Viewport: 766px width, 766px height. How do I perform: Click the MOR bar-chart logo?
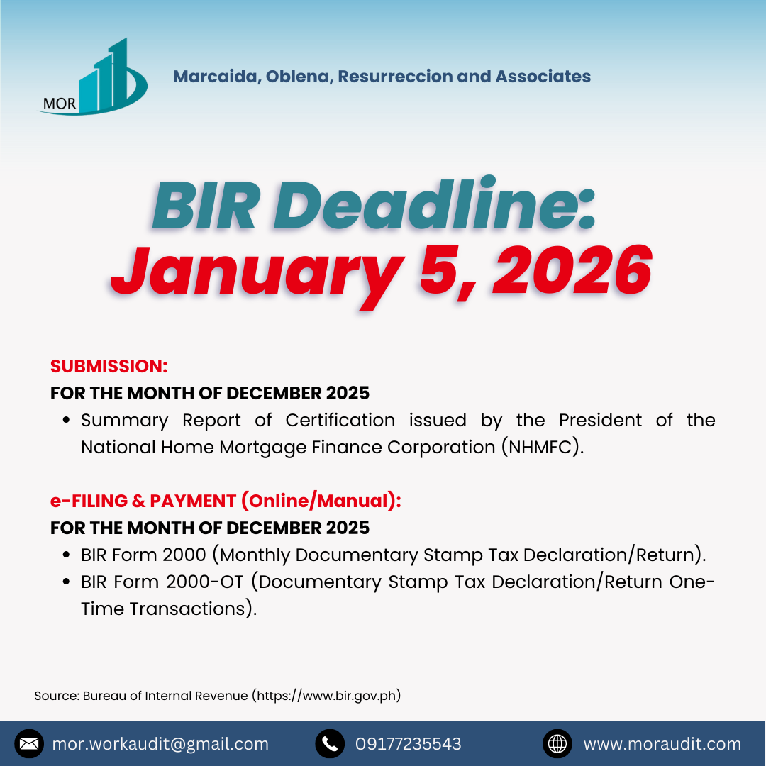click(x=93, y=77)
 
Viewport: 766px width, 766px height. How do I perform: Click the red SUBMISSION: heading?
click(x=109, y=367)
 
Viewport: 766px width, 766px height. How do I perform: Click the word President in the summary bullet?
click(x=600, y=420)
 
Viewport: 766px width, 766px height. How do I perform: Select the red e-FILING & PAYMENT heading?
click(x=226, y=501)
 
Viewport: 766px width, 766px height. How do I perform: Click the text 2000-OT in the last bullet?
click(x=204, y=582)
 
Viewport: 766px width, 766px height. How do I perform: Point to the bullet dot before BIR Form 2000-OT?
click(x=67, y=582)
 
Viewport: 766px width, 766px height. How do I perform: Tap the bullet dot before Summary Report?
click(x=67, y=420)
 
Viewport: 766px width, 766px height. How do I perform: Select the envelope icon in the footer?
click(x=29, y=743)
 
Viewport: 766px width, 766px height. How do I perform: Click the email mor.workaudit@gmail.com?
click(x=160, y=744)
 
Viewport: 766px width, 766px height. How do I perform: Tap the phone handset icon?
click(x=330, y=743)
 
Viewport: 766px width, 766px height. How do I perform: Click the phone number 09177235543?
click(x=408, y=744)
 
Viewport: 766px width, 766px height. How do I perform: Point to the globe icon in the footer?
click(x=557, y=743)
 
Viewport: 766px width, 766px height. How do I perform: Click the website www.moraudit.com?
click(x=662, y=744)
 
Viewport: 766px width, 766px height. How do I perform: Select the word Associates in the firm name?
click(x=543, y=76)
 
